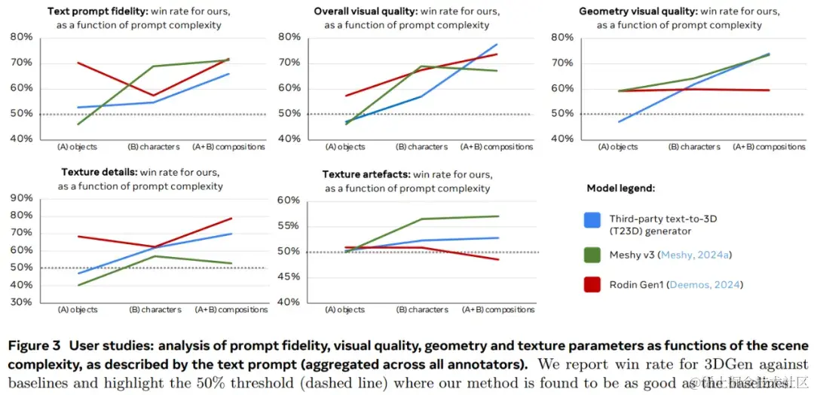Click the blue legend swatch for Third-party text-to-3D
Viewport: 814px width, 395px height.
pyautogui.click(x=592, y=220)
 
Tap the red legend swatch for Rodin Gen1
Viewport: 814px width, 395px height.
pyautogui.click(x=592, y=284)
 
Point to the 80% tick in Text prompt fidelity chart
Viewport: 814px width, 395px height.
pyautogui.click(x=22, y=37)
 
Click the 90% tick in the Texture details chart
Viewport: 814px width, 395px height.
pyautogui.click(x=22, y=199)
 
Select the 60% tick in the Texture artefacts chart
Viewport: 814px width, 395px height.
pyautogui.click(x=289, y=201)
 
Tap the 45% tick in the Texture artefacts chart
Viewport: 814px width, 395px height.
pyautogui.click(x=289, y=277)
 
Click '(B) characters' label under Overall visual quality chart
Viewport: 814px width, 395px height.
pyautogui.click(x=422, y=147)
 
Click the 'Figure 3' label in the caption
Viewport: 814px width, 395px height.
pyautogui.click(x=34, y=346)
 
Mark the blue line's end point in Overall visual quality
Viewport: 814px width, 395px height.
pyautogui.click(x=497, y=44)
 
